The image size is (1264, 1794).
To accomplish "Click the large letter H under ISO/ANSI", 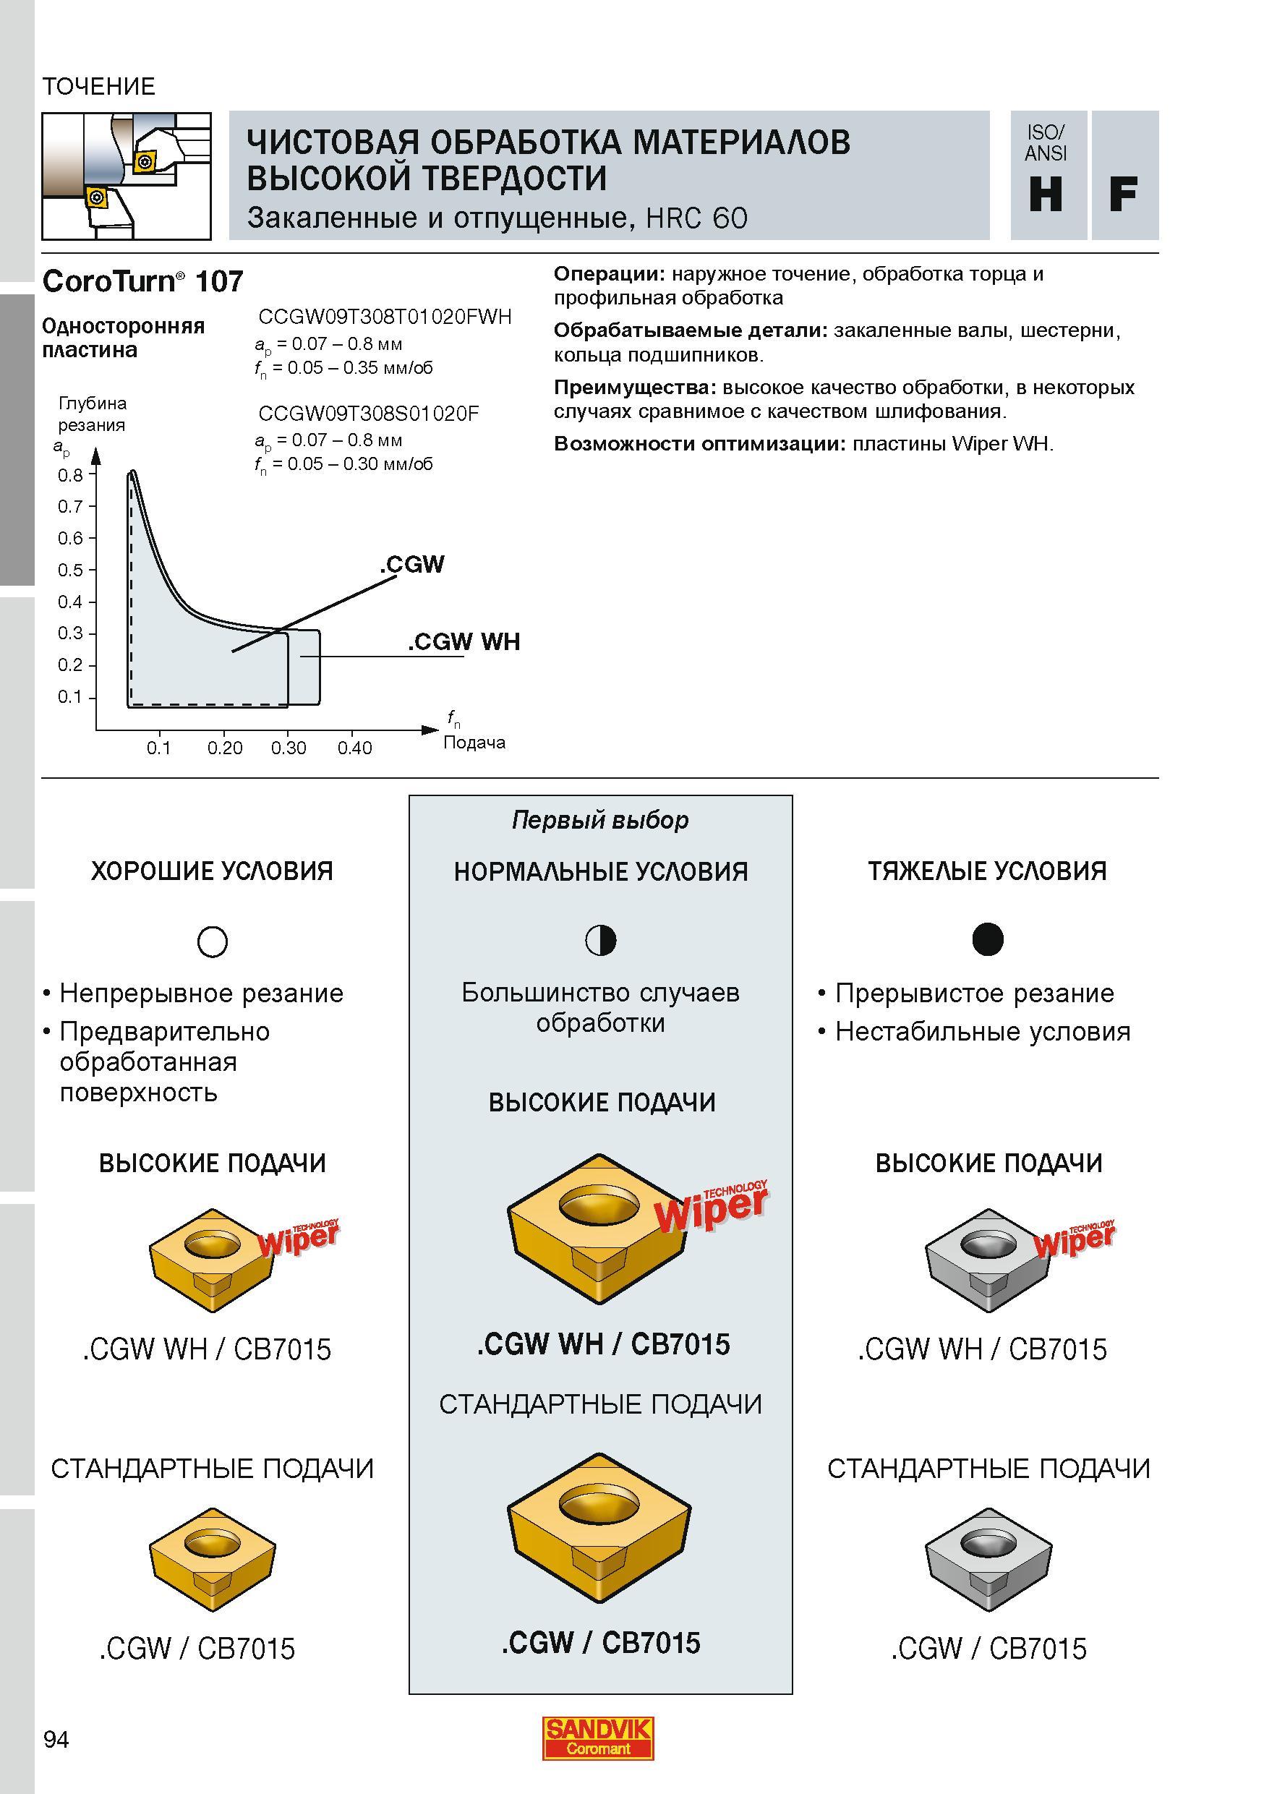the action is pos(1046,195).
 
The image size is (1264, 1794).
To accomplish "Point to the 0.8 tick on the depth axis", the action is pos(70,475).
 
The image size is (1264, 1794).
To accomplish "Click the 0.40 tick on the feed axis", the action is pos(354,748).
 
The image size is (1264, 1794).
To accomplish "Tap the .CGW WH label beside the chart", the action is pos(464,641).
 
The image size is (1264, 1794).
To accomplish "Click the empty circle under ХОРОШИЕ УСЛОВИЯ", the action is pos(213,941).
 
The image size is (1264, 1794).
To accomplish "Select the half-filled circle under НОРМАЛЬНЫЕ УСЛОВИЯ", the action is pos(601,940).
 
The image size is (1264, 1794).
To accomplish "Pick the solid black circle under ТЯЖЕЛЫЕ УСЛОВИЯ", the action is pos(988,939).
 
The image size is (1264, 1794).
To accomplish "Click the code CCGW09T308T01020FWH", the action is pos(385,317).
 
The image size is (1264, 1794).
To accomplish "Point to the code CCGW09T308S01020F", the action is pos(369,414).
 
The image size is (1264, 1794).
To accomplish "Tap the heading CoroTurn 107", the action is pos(143,281).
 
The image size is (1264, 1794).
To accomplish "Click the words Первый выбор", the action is pos(601,820).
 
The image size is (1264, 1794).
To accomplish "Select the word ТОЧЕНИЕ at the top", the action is pos(99,86).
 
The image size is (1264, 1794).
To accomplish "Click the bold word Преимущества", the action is pos(635,388).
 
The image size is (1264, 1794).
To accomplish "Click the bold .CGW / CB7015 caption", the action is pos(601,1642).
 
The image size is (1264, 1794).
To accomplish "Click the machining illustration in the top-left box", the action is pos(127,176).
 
